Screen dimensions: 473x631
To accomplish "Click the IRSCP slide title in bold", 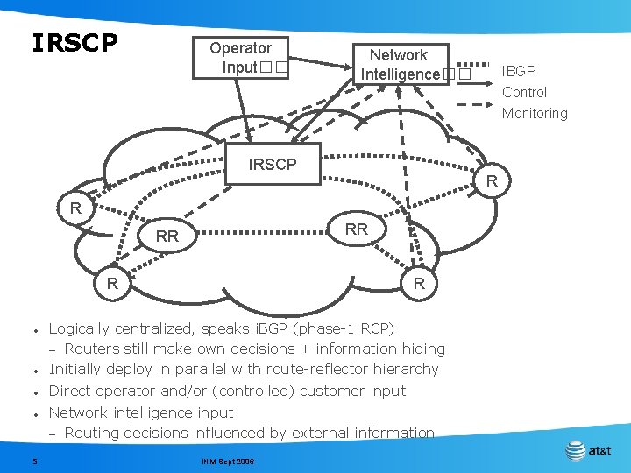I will (x=74, y=43).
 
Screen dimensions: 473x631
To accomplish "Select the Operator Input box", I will (x=241, y=58).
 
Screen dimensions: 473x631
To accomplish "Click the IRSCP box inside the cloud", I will (x=273, y=164).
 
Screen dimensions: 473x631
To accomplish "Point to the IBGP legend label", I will (x=518, y=71).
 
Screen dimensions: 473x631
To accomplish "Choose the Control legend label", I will (x=524, y=92).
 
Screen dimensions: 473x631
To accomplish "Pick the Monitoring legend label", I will (x=535, y=113).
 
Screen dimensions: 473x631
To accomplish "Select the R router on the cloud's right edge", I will (x=492, y=181).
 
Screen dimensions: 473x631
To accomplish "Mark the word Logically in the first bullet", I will (x=79, y=329).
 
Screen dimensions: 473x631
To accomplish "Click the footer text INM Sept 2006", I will (x=227, y=461).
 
